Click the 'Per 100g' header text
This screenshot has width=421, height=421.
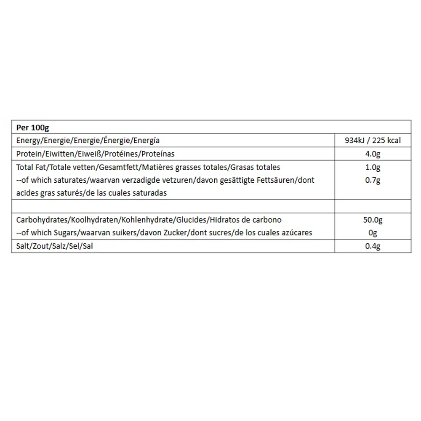[33, 127]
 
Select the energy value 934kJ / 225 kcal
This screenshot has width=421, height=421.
[373, 141]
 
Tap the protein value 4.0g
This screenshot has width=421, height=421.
[373, 154]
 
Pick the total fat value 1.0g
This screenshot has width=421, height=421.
[373, 168]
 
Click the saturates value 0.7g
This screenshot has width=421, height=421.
[373, 180]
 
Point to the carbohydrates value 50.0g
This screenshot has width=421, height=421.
[373, 220]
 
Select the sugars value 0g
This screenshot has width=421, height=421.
[373, 233]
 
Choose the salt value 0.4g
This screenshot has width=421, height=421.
[373, 246]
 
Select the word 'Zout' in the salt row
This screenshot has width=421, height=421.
[39, 246]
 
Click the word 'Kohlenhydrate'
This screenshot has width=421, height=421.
[147, 220]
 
